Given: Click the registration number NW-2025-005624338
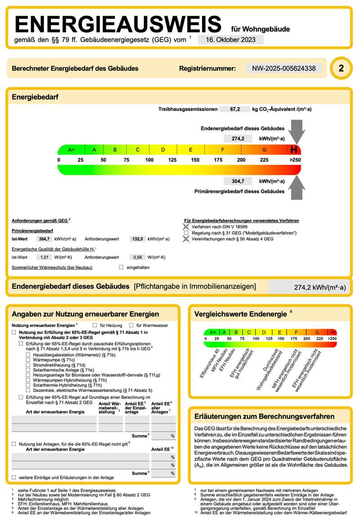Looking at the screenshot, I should click(283, 68).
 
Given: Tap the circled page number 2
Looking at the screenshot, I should click(341, 68).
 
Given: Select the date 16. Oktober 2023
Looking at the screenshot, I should click(230, 40).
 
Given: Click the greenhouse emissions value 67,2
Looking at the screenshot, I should click(235, 109).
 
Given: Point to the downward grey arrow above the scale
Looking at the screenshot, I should click(296, 131).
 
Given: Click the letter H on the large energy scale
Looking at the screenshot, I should click(294, 150).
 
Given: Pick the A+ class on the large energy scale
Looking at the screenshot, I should click(71, 150).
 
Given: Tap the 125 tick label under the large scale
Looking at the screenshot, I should click(172, 160).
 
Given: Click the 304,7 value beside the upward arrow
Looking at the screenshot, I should click(238, 181).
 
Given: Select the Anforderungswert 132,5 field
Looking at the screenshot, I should click(136, 239).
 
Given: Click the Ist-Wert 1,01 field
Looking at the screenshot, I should click(45, 257).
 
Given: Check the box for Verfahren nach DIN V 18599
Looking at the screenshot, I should click(186, 227).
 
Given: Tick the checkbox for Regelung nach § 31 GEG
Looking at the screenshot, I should click(186, 233).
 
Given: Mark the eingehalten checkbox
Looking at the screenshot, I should click(121, 267).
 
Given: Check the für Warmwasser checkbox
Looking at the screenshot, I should click(131, 325).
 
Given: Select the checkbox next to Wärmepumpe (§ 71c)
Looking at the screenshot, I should click(28, 360).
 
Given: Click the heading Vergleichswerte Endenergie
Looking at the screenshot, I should click(240, 314).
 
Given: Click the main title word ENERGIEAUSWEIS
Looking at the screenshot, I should click(118, 24).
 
